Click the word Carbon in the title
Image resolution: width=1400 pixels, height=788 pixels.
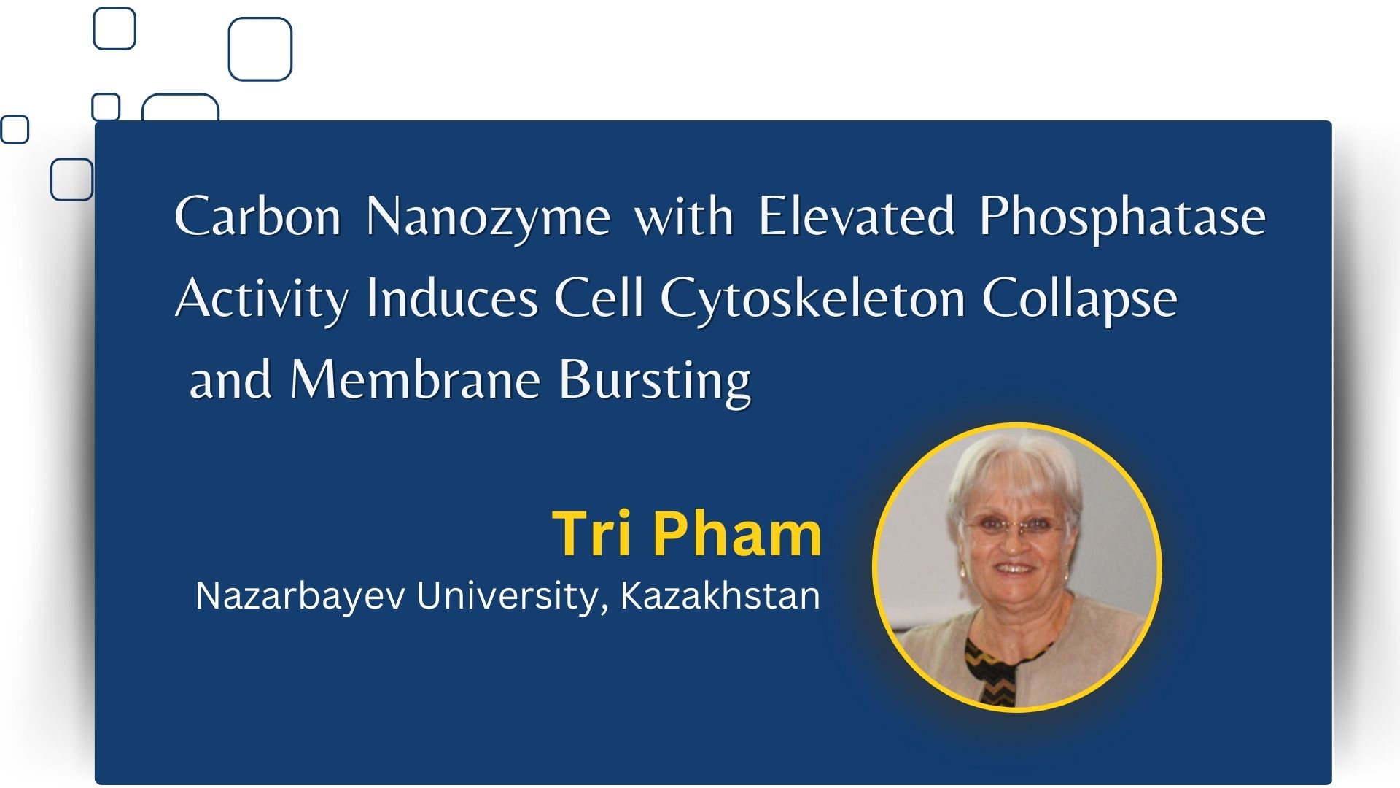[x=258, y=216]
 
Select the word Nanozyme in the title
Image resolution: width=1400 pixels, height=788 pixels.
[x=488, y=219]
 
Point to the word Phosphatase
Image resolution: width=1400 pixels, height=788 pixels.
[x=1123, y=219]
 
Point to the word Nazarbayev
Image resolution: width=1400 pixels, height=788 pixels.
[x=300, y=596]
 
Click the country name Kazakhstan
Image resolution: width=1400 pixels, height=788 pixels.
[x=720, y=595]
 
